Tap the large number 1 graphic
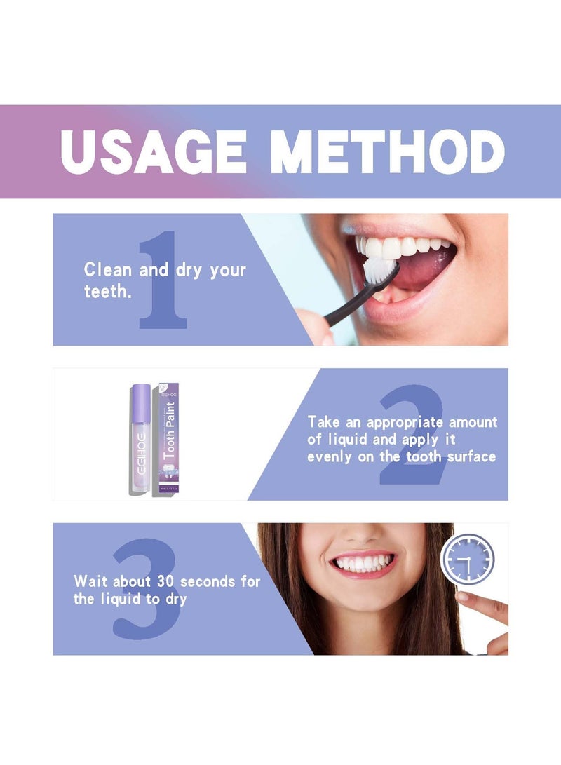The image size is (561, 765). (x=163, y=280)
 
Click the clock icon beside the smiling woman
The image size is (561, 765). (x=467, y=560)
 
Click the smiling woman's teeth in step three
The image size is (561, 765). (x=363, y=563)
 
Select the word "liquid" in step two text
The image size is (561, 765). (x=346, y=440)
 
